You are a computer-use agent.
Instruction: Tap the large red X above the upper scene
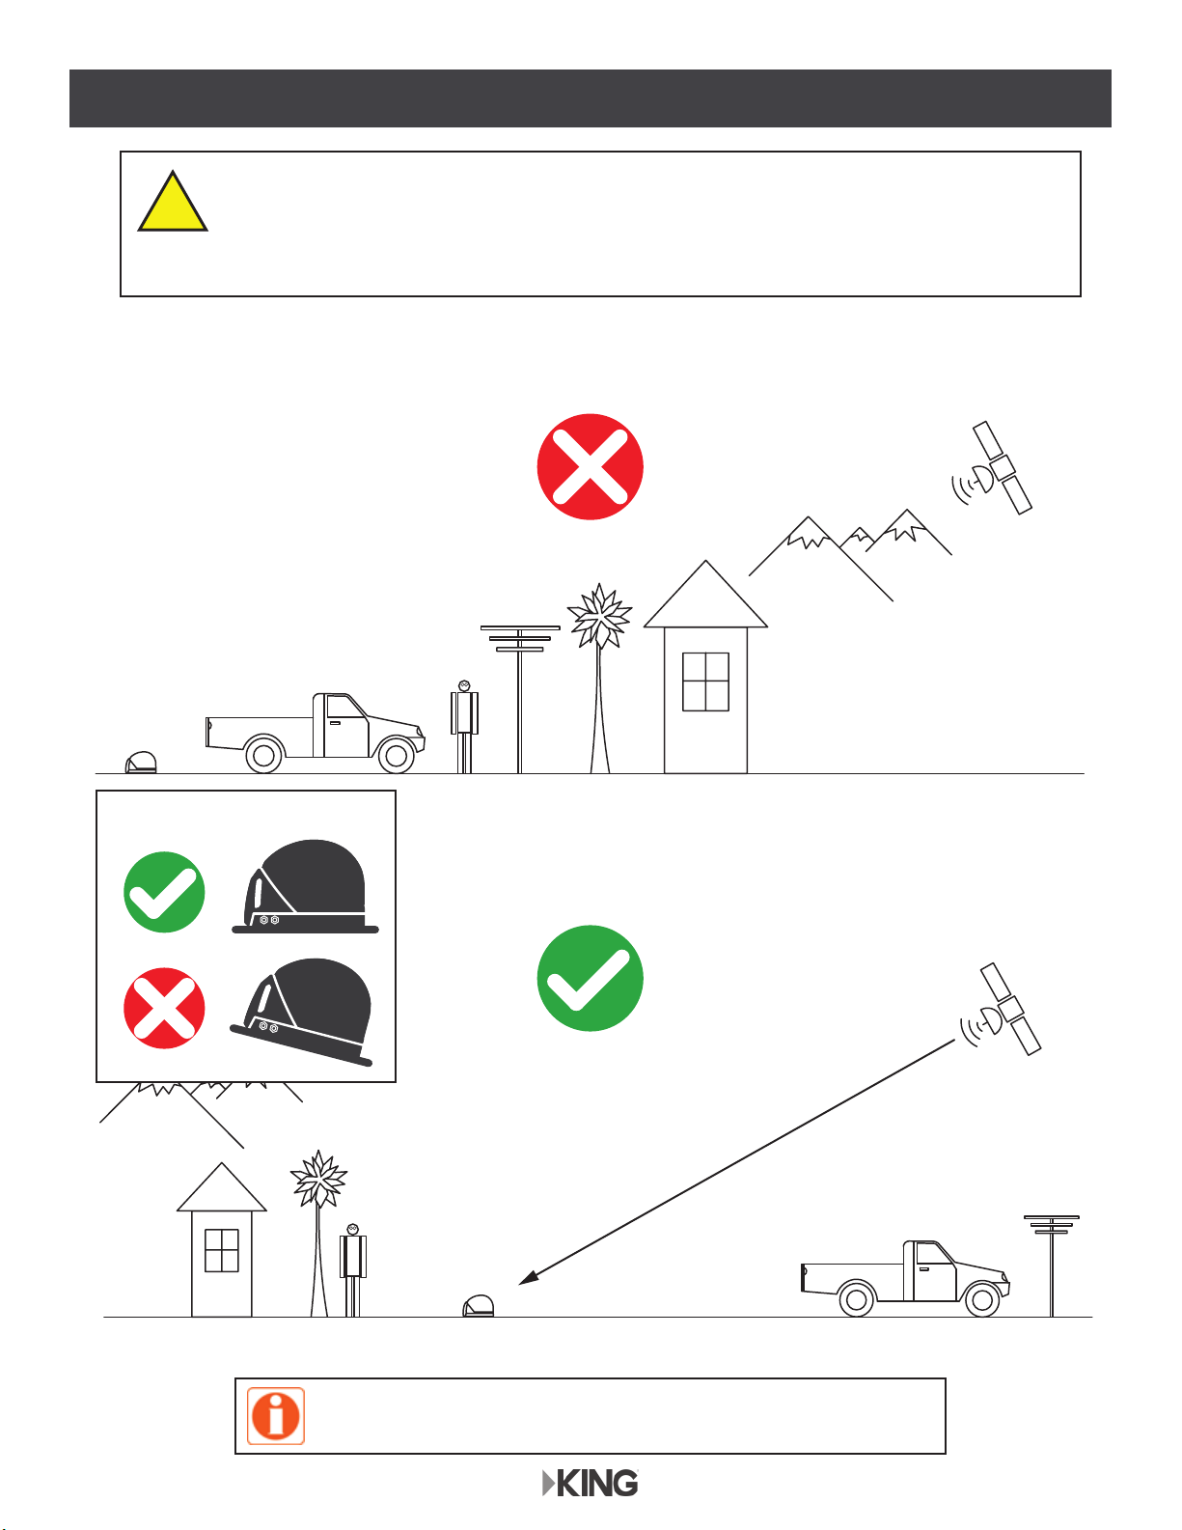pyautogui.click(x=590, y=467)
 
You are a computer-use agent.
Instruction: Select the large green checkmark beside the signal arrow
pyautogui.click(x=590, y=978)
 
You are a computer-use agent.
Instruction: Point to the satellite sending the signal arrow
pyautogui.click(x=1002, y=1009)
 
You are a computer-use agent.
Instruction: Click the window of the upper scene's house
pyautogui.click(x=705, y=682)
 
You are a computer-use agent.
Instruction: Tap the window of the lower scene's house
pyautogui.click(x=222, y=1250)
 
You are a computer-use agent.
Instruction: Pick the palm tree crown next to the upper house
pyautogui.click(x=599, y=616)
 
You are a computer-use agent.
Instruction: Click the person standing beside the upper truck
pyautogui.click(x=464, y=727)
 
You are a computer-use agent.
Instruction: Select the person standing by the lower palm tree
pyautogui.click(x=353, y=1270)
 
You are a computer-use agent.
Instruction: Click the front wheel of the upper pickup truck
pyautogui.click(x=397, y=756)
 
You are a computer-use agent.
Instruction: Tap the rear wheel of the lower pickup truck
pyautogui.click(x=856, y=1299)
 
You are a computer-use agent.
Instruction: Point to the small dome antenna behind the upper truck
pyautogui.click(x=141, y=763)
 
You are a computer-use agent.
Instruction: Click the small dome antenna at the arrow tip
pyautogui.click(x=479, y=1306)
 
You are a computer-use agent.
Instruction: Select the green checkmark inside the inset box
pyautogui.click(x=164, y=892)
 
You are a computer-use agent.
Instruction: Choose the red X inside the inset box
pyautogui.click(x=164, y=1009)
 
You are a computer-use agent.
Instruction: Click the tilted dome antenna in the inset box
pyautogui.click(x=303, y=1012)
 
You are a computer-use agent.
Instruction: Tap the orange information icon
pyautogui.click(x=276, y=1416)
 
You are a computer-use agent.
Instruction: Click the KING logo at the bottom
pyautogui.click(x=591, y=1484)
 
